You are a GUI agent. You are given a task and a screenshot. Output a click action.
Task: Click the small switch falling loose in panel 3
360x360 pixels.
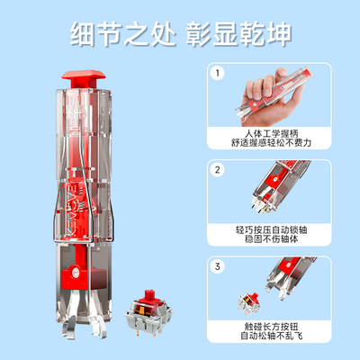247,305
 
